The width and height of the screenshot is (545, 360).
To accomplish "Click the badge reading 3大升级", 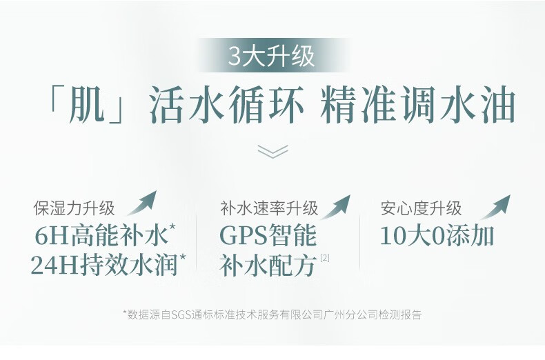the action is click(272, 56).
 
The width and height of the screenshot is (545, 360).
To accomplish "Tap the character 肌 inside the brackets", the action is click(87, 104).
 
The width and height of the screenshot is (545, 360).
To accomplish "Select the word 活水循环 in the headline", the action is click(226, 104).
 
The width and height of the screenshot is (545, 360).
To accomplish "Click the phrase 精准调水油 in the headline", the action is click(417, 104).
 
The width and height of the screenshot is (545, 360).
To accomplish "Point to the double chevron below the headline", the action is click(273, 151).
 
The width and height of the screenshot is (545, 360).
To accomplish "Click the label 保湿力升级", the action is click(74, 208).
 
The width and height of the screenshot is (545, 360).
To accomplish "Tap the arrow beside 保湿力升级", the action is click(142, 203).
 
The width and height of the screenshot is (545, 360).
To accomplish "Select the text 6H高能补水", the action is click(101, 236).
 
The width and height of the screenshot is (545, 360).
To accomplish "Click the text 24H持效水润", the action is click(104, 265).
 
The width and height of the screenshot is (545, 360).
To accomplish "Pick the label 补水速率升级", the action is click(269, 208).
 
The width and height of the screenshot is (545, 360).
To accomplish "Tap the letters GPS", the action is click(244, 237).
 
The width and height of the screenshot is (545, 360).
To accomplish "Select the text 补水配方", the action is click(268, 266).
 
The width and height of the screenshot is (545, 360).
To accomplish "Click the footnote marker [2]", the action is click(325, 258).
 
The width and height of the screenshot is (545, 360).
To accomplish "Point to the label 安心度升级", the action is click(422, 208).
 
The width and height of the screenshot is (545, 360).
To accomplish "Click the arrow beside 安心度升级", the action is click(495, 207).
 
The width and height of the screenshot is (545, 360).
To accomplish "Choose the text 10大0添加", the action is click(437, 237).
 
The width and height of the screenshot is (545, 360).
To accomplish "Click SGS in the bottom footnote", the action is click(181, 314).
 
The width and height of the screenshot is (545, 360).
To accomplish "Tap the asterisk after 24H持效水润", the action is click(182, 257).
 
